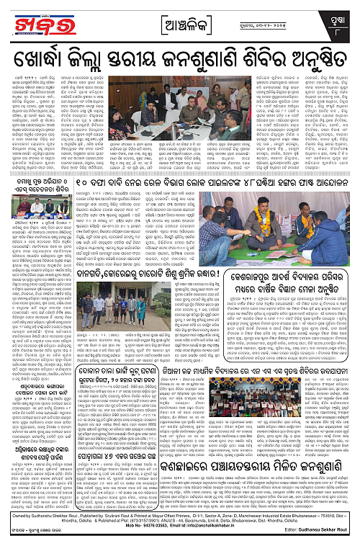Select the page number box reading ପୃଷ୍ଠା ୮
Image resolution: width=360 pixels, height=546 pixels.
[x=342, y=17]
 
